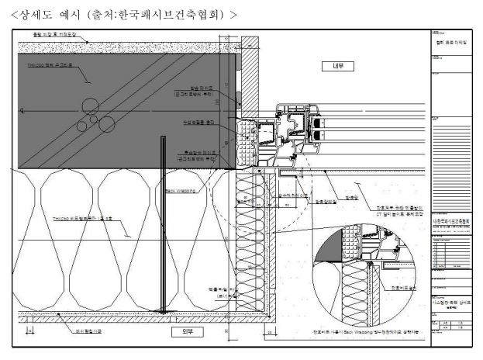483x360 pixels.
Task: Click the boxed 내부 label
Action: (338, 67)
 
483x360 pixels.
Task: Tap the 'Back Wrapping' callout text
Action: (180, 189)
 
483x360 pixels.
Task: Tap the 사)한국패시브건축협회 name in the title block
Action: (450, 221)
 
